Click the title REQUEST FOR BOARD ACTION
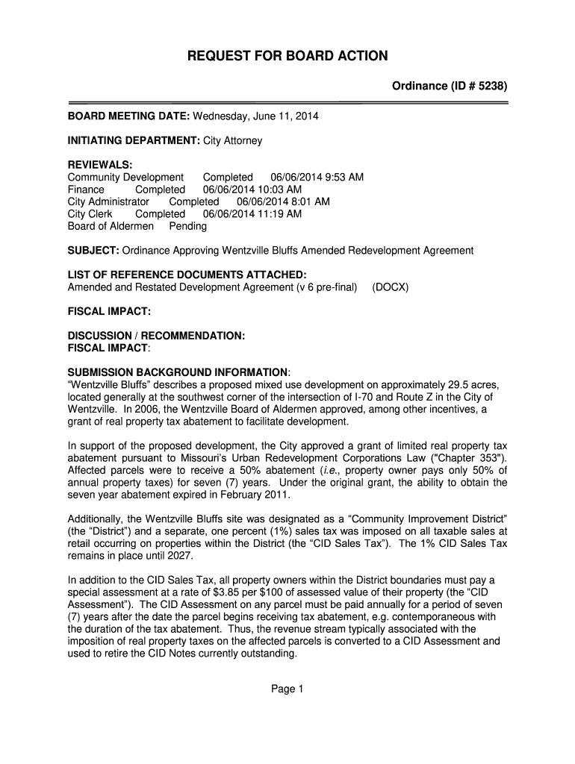coord(287,56)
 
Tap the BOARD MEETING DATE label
coord(129,116)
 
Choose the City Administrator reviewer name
coord(108,201)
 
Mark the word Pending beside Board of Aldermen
coord(188,226)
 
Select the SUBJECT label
coord(93,250)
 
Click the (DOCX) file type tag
coord(390,287)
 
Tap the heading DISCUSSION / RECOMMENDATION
coord(156,336)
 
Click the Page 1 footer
coord(287,689)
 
